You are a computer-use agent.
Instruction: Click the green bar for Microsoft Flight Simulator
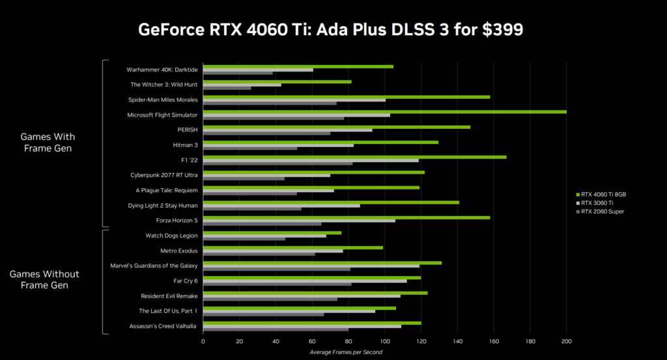[384, 111]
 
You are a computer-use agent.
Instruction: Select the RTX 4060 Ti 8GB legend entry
[604, 194]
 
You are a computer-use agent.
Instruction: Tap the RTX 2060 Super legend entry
[603, 211]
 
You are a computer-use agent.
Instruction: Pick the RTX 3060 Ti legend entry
[599, 202]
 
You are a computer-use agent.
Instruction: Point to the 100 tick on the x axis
[385, 341]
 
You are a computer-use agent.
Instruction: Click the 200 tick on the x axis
[566, 341]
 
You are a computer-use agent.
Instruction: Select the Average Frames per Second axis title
[346, 352]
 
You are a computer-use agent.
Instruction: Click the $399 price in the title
[500, 30]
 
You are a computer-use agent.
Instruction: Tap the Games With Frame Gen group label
[48, 142]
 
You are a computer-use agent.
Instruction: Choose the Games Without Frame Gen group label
[45, 280]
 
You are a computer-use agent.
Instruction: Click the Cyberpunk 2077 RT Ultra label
[164, 174]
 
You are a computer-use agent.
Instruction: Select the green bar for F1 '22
[354, 157]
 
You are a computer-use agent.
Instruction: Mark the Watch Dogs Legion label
[171, 236]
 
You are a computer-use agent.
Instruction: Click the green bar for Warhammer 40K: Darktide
[298, 66]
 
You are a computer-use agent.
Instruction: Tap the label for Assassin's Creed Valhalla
[163, 326]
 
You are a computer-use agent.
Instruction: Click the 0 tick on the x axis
[203, 341]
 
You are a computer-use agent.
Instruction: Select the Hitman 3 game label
[185, 145]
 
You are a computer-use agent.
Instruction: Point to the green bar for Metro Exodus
[293, 247]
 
